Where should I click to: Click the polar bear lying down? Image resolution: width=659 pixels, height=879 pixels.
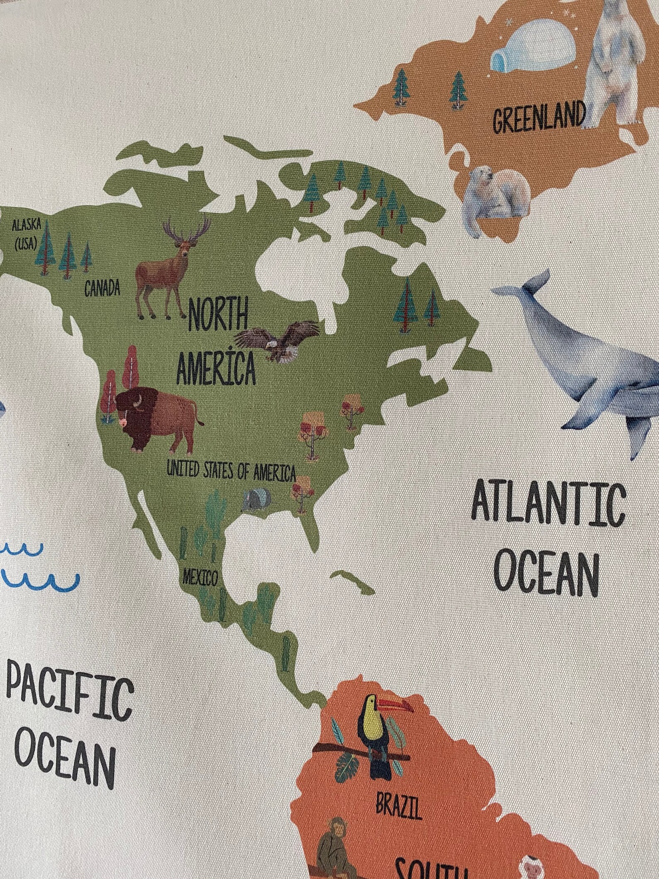[498, 193]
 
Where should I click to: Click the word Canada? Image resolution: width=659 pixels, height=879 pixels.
[102, 288]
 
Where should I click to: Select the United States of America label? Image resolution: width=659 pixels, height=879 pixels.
[231, 470]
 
